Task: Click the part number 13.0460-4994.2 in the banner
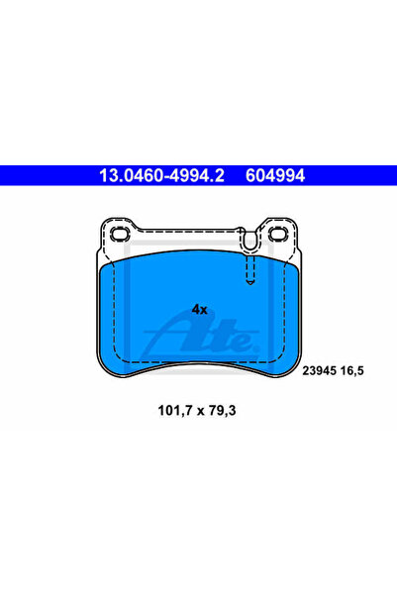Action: (161, 175)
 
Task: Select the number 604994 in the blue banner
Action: (275, 175)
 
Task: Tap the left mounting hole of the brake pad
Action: (121, 234)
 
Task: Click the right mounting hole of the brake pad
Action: (278, 234)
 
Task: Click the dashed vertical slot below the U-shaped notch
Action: (249, 269)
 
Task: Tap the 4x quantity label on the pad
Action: (200, 310)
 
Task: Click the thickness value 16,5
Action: (351, 370)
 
